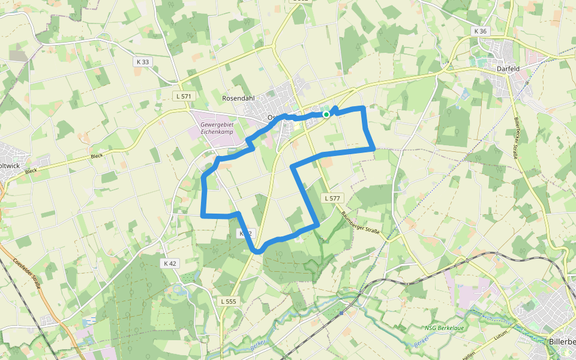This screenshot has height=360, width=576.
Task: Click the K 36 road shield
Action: pyautogui.click(x=480, y=31)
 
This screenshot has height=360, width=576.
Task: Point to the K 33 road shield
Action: pyautogui.click(x=142, y=62)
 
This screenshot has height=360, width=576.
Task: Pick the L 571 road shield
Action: pyautogui.click(x=184, y=96)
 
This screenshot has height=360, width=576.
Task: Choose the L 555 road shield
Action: pyautogui.click(x=228, y=301)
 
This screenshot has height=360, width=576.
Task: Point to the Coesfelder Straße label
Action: pyautogui.click(x=26, y=274)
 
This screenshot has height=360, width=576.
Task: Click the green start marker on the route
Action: pyautogui.click(x=326, y=114)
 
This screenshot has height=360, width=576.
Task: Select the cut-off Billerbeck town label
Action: pyautogui.click(x=562, y=341)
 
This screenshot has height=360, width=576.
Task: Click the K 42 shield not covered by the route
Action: pyautogui.click(x=170, y=263)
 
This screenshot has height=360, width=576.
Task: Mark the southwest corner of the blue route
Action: pyautogui.click(x=202, y=214)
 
